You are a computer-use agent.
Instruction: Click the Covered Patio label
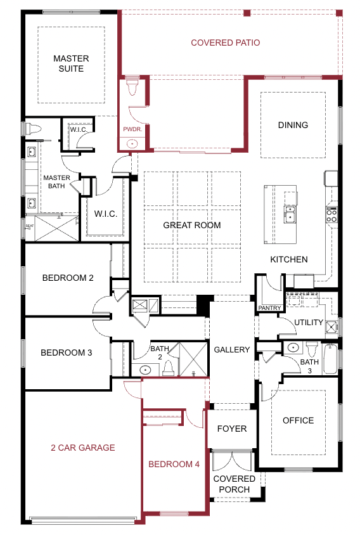pyautogui.click(x=225, y=42)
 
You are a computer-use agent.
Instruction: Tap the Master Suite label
pyautogui.click(x=71, y=63)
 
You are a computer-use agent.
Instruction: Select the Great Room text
pyautogui.click(x=192, y=225)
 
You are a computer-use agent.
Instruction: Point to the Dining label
pyautogui.click(x=293, y=125)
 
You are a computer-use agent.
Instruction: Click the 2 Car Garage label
pyautogui.click(x=83, y=448)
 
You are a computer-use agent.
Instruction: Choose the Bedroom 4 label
pyautogui.click(x=174, y=464)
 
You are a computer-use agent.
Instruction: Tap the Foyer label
pyautogui.click(x=232, y=429)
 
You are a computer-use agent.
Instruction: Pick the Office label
pyautogui.click(x=299, y=420)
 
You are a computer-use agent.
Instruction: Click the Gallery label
pyautogui.click(x=232, y=349)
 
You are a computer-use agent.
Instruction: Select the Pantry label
pyautogui.click(x=269, y=308)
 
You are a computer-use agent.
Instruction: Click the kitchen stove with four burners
pyautogui.click(x=331, y=215)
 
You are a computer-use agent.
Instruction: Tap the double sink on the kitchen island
pyautogui.click(x=290, y=212)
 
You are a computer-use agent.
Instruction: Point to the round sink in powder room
pyautogui.click(x=132, y=144)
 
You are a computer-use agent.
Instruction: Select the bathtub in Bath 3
pyautogui.click(x=330, y=359)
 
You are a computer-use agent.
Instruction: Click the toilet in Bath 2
pyautogui.click(x=168, y=368)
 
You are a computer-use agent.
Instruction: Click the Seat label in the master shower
pyautogui.click(x=30, y=226)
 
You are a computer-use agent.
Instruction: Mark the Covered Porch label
pyautogui.click(x=235, y=484)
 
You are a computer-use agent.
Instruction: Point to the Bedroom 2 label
pyautogui.click(x=68, y=278)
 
